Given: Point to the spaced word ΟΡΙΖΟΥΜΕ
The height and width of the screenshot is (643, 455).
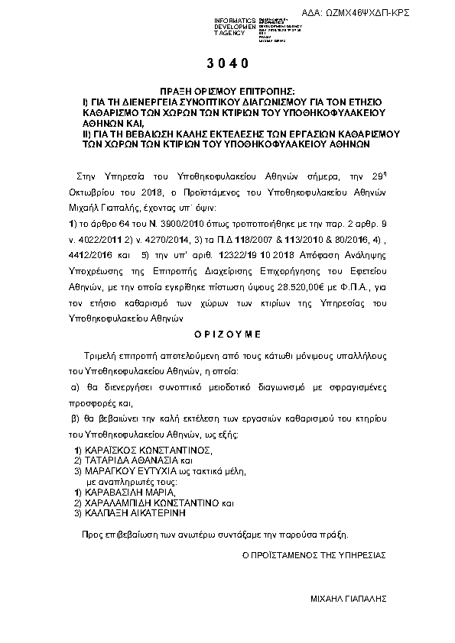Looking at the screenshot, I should (x=226, y=334).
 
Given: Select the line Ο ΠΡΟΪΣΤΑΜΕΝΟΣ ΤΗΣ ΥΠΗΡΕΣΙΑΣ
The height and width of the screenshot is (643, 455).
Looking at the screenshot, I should (x=314, y=554).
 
